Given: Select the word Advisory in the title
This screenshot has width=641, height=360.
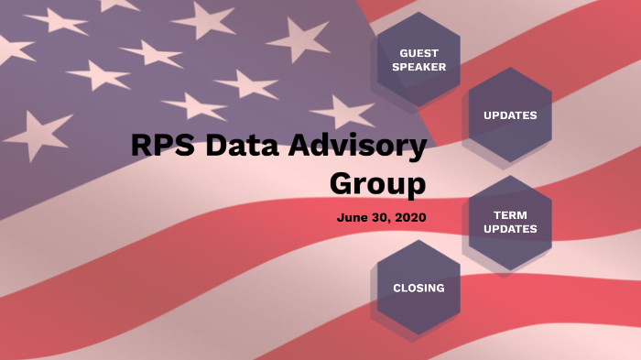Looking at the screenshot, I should click(x=357, y=147).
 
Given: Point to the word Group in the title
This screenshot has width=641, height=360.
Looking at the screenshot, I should click(x=377, y=183).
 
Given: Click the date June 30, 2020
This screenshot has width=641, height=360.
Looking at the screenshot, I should click(x=381, y=218).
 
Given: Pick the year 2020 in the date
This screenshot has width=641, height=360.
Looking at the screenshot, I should click(x=410, y=218).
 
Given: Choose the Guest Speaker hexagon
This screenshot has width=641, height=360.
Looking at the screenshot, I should click(x=418, y=60).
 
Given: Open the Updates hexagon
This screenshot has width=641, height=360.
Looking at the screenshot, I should click(x=510, y=115).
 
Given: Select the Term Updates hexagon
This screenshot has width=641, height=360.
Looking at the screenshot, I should click(x=510, y=223).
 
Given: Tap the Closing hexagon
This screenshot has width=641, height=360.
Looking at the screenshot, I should click(x=418, y=288).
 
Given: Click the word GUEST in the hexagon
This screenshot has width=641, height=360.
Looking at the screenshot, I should click(x=418, y=52).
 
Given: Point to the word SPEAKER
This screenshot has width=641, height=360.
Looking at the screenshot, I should click(x=418, y=67).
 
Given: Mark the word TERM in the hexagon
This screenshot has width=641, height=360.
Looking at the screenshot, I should click(x=510, y=215).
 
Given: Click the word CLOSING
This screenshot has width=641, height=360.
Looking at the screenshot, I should click(x=418, y=288).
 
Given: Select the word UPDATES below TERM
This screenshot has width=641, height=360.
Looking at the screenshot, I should click(x=510, y=229).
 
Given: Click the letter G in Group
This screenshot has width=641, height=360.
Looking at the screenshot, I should click(x=342, y=183).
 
